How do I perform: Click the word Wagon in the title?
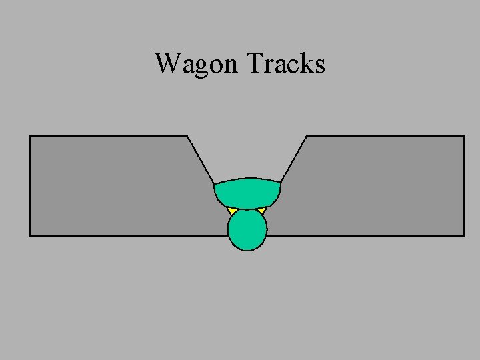coord(196,64)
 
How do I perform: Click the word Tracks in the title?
coord(285,63)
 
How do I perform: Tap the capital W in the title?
coord(167,63)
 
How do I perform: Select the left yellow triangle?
coord(232,211)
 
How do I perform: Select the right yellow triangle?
coord(262,211)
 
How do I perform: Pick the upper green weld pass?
coord(247,193)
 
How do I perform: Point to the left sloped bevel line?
coord(200,159)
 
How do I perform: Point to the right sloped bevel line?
coord(294,159)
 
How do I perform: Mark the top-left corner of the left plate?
coord(30,136)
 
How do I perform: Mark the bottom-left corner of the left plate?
coord(30,235)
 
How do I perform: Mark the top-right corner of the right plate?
coord(464,136)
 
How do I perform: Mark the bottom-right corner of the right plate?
coord(464,235)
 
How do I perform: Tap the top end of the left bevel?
coord(187,136)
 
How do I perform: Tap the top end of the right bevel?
coord(307,136)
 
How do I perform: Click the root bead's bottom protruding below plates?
coord(247,244)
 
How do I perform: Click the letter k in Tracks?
coord(306,63)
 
